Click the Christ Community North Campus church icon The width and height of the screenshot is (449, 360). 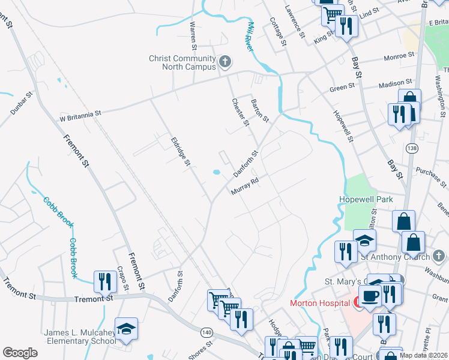[x=224, y=61]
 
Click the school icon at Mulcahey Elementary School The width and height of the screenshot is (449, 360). [x=127, y=329]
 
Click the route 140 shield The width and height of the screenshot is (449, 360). [x=206, y=332]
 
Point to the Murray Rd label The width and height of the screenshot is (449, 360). [x=245, y=186]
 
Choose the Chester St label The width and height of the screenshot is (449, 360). [x=240, y=112]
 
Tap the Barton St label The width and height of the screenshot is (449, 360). [x=260, y=110]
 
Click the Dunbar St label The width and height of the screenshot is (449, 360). [x=22, y=104]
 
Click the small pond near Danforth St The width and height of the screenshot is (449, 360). [x=216, y=173]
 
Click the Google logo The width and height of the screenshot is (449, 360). [x=20, y=353]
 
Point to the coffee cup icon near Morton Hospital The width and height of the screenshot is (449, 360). [x=369, y=296]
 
